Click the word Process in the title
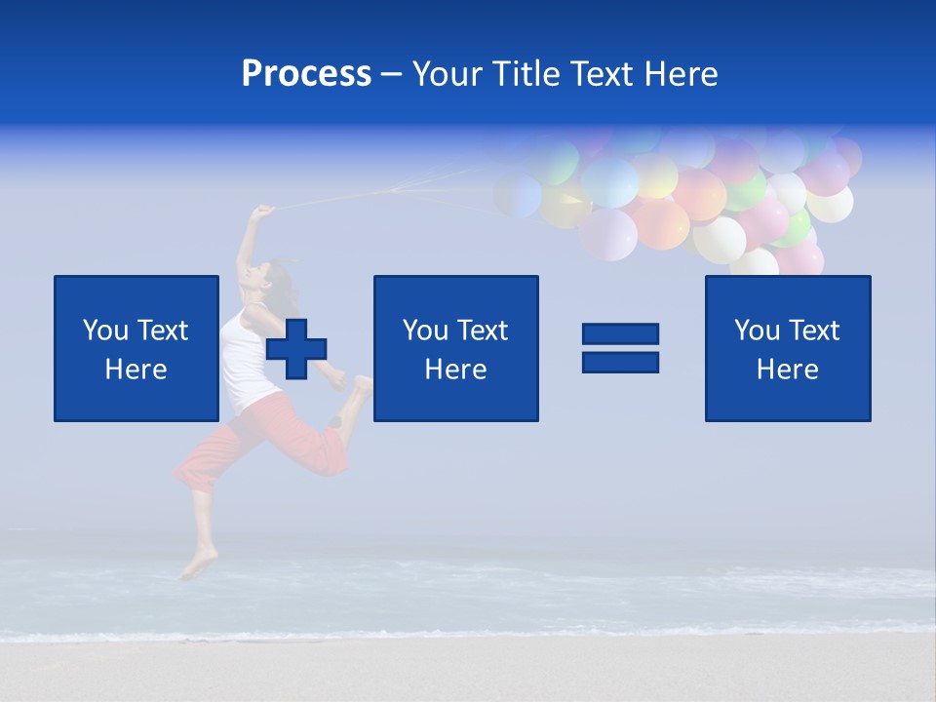point(306,74)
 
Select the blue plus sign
point(296,349)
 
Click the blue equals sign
point(620,348)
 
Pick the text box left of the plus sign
point(136,348)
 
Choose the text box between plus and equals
point(455,348)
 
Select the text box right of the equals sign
point(787,348)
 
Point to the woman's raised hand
point(261,212)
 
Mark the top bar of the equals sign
point(620,334)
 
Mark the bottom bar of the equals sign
point(620,362)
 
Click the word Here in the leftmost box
point(136,370)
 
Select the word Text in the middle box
point(481,331)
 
